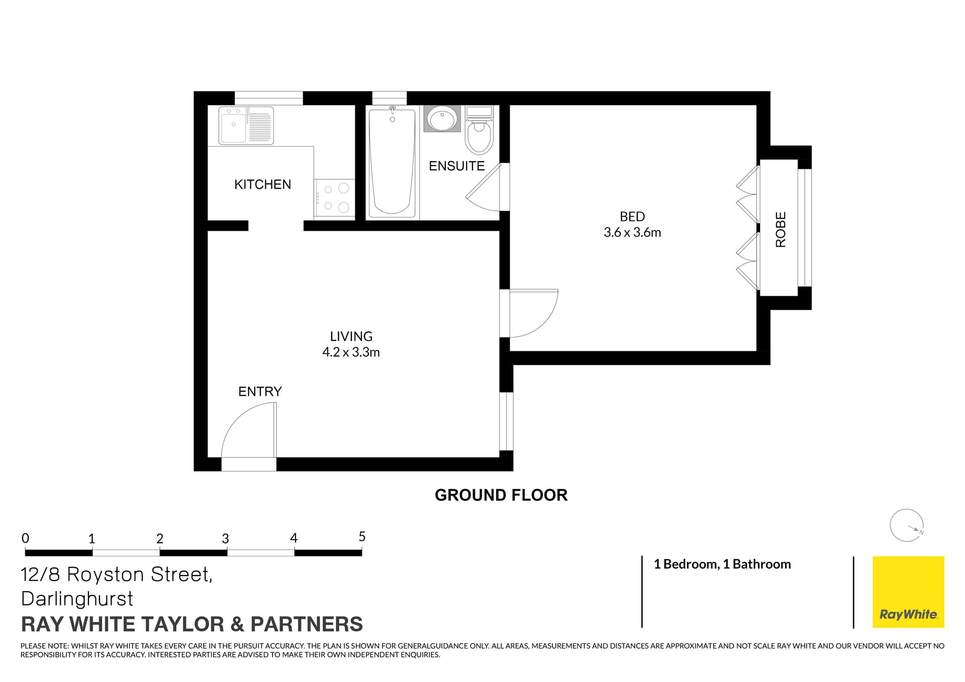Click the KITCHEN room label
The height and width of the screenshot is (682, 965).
point(262,184)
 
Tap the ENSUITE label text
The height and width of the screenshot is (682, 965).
point(456,166)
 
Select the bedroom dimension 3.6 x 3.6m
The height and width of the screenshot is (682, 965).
point(632,233)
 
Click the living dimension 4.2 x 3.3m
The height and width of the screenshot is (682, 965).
point(351,352)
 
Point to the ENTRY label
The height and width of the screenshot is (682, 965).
point(260,391)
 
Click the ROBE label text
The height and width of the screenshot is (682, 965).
point(781,230)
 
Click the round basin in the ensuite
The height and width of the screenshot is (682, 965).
point(442,119)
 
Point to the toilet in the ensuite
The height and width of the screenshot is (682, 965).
point(478,132)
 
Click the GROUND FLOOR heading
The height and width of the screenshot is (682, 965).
point(501,495)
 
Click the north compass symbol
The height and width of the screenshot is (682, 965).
point(906,525)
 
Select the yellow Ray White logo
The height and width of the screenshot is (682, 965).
point(908,592)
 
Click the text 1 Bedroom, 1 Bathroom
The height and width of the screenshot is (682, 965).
point(722,564)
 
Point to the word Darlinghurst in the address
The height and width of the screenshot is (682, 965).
point(77,599)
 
